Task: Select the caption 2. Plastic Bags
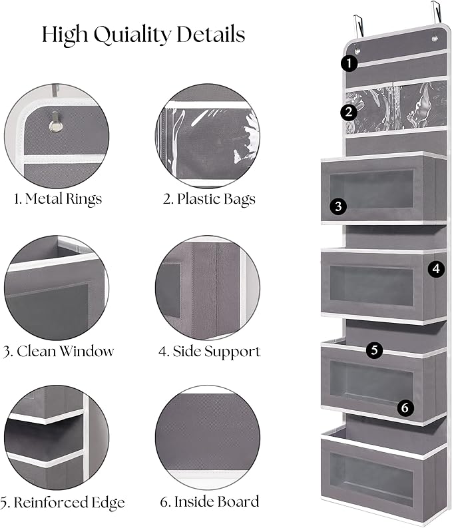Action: click(208, 198)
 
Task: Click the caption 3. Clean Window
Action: click(58, 351)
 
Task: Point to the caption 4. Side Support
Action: click(209, 351)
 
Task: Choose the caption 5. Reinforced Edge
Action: click(63, 502)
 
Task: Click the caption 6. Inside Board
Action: click(208, 502)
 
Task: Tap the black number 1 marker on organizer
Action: click(348, 63)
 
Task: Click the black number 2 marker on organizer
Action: click(348, 112)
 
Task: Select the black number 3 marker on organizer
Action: click(338, 206)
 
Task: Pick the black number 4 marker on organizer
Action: click(435, 269)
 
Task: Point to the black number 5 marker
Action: click(375, 350)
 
